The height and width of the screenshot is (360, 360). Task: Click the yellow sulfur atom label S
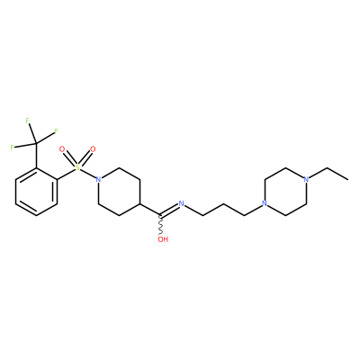[x=77, y=167]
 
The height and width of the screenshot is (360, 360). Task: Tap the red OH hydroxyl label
[x=163, y=239]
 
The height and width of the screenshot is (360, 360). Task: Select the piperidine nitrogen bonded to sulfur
[x=98, y=180]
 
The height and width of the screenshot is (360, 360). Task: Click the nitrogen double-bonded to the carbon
[x=181, y=203]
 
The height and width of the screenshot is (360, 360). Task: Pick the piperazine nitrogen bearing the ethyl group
[x=306, y=180]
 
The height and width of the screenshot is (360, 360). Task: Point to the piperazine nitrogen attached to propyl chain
[x=265, y=203]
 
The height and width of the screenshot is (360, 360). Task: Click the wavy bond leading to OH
[x=161, y=225]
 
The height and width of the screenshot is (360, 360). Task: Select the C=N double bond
[x=169, y=210]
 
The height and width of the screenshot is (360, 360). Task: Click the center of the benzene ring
[x=36, y=192]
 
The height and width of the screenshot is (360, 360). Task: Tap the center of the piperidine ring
[x=119, y=192]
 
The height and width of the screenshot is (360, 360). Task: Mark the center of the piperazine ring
[x=285, y=192]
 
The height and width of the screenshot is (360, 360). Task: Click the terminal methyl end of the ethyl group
[x=348, y=180]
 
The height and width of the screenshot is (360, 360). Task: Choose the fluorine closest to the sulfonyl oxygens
[x=56, y=131]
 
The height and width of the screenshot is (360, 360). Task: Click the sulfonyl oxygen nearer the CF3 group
[x=62, y=149]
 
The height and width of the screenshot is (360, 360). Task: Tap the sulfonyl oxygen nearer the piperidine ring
[x=93, y=149]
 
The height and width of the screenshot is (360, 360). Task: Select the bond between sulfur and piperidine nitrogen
[x=88, y=174]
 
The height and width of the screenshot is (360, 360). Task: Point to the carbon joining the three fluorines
[x=36, y=143]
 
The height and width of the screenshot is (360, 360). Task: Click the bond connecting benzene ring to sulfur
[x=66, y=175]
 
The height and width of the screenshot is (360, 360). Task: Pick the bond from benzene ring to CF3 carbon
[x=36, y=156]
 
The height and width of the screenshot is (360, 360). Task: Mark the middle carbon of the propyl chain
[x=223, y=204]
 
